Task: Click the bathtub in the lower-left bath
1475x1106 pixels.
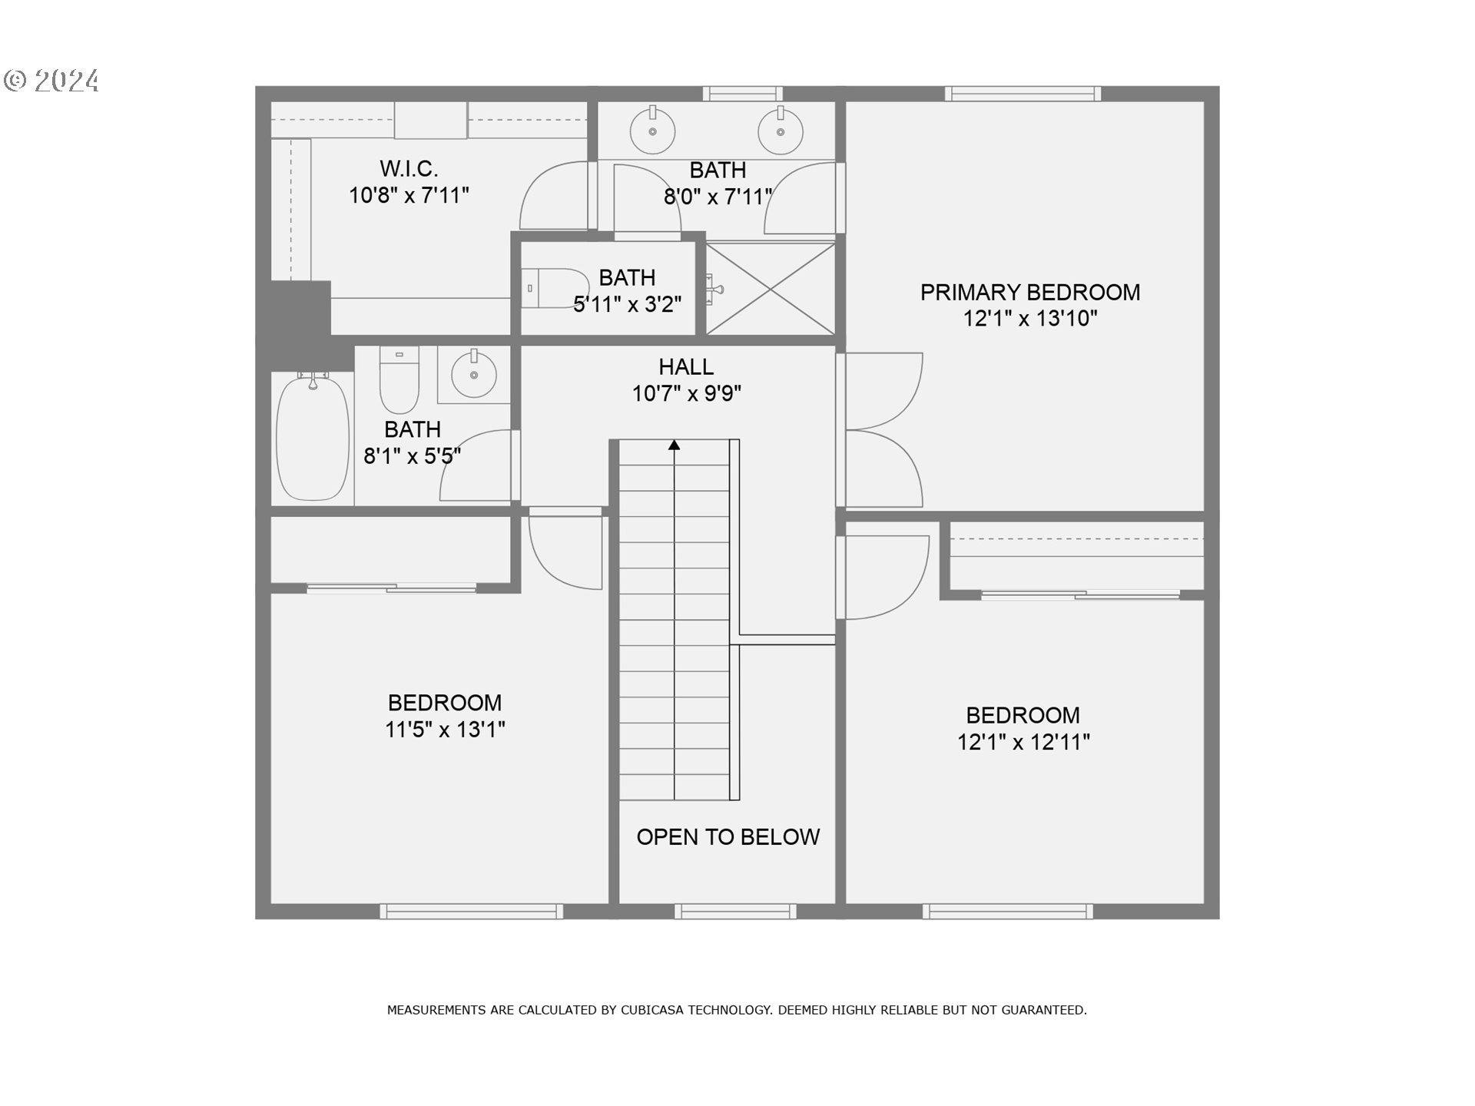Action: [x=313, y=438]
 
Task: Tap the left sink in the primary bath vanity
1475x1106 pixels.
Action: [x=652, y=131]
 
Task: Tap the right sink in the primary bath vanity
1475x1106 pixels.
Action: [x=781, y=131]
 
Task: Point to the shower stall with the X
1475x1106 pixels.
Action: [x=771, y=289]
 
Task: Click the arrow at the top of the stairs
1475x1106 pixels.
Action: [x=674, y=445]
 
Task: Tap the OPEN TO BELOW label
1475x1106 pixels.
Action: [x=728, y=837]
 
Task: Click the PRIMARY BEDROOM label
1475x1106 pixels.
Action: [x=1029, y=293]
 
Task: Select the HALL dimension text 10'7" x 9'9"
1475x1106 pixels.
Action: [x=686, y=394]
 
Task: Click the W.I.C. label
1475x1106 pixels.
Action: [x=409, y=169]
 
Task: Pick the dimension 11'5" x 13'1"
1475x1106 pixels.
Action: [x=445, y=730]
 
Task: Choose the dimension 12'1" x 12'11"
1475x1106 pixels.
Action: [x=1023, y=743]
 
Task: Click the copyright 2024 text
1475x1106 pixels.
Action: [x=52, y=81]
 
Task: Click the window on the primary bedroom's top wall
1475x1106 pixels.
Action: [x=1023, y=94]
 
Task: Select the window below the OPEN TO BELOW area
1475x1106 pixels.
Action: [x=735, y=912]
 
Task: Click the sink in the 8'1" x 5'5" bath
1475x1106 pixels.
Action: [x=474, y=375]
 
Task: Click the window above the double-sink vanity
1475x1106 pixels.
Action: [x=742, y=94]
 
